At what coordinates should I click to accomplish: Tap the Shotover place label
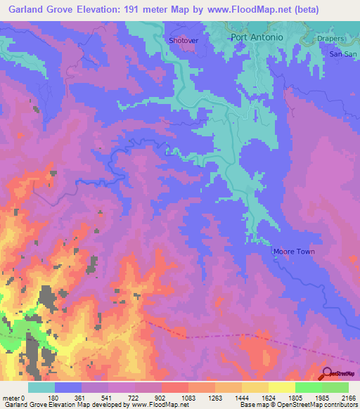click(x=184, y=41)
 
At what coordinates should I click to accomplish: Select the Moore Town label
click(x=293, y=252)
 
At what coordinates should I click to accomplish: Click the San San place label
click(x=343, y=54)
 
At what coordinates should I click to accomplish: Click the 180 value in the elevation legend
click(x=55, y=397)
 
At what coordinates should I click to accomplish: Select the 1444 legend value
click(x=242, y=397)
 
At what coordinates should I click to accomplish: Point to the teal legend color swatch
click(x=41, y=387)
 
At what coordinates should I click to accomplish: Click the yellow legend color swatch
click(x=281, y=387)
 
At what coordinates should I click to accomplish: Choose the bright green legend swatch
click(x=308, y=387)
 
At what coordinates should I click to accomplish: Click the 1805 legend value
click(x=295, y=397)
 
